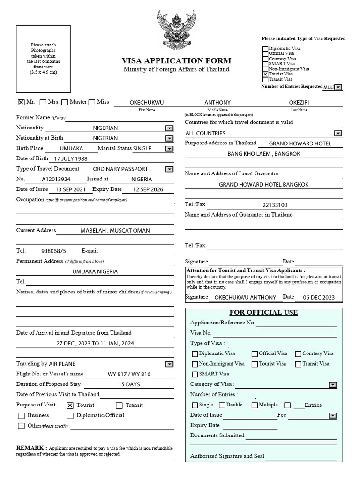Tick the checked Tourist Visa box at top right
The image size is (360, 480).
(x=265, y=74)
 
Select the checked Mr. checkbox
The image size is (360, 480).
(x=21, y=102)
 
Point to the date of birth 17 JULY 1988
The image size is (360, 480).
(x=71, y=158)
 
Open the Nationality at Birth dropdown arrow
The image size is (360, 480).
(x=169, y=138)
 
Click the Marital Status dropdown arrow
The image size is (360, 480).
(x=169, y=149)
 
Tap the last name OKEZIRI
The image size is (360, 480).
(x=300, y=102)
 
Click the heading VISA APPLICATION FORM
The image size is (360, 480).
(x=176, y=61)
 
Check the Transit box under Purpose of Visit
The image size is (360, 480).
(x=119, y=405)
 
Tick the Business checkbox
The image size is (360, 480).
(x=21, y=416)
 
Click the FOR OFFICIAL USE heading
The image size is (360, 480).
(x=263, y=312)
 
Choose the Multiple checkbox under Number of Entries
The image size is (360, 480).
(x=255, y=405)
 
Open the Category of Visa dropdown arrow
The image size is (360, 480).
(x=332, y=385)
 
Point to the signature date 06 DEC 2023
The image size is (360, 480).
(x=319, y=297)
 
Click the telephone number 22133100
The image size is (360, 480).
(x=275, y=205)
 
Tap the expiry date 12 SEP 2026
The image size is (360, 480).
(x=149, y=189)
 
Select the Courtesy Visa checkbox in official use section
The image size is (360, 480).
(x=298, y=354)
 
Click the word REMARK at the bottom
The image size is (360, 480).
(x=31, y=447)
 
